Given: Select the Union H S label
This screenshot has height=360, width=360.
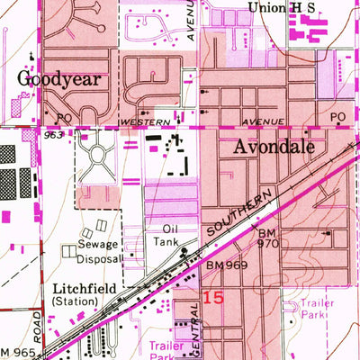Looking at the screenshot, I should point(283,7).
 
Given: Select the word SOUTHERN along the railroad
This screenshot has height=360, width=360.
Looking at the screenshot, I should point(242,212).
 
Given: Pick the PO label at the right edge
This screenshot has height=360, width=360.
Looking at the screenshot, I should point(337,118).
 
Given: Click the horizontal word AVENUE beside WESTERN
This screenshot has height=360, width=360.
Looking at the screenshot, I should point(262,120).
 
